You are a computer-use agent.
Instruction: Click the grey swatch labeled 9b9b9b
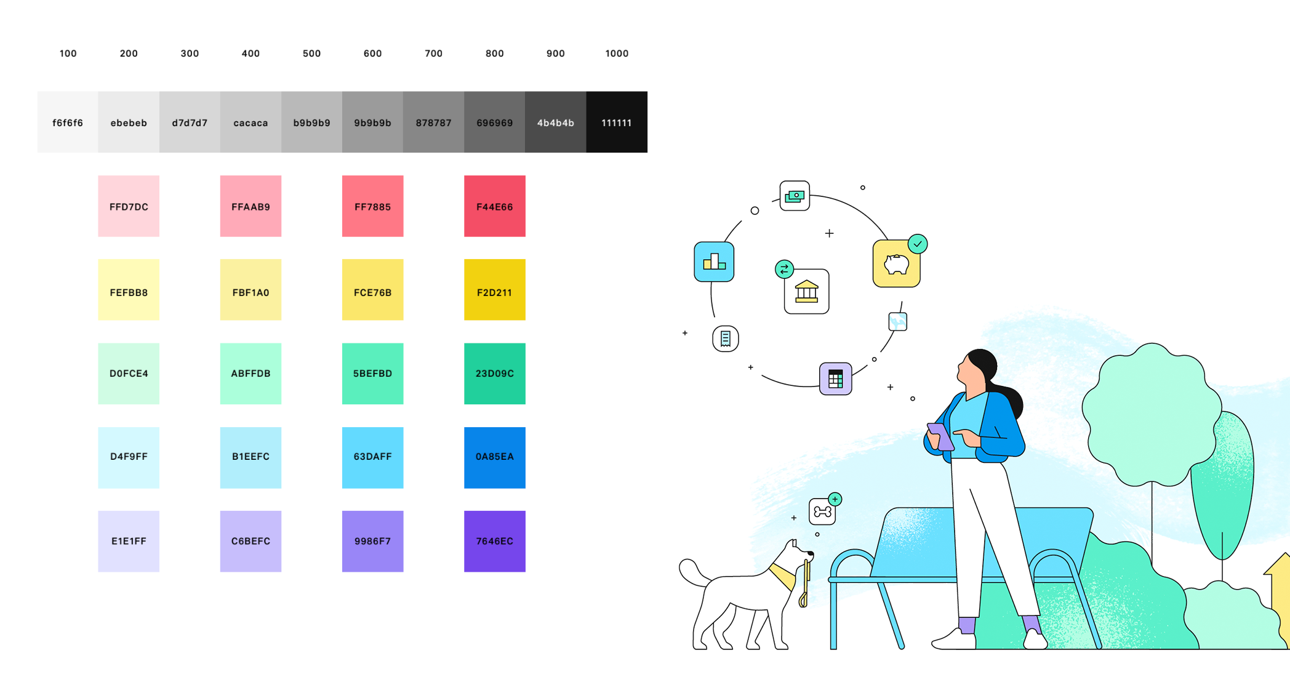tap(372, 122)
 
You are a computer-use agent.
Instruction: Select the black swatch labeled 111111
tap(616, 122)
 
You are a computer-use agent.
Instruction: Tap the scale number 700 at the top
tap(433, 54)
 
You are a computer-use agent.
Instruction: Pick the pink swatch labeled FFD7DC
tap(129, 206)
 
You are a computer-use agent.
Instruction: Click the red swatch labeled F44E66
tap(494, 206)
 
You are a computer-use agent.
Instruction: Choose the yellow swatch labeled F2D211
tap(494, 290)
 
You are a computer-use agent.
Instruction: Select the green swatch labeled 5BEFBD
tap(372, 374)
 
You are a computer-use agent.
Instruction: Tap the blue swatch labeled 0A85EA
tap(494, 457)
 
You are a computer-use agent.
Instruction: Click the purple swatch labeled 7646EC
tap(494, 541)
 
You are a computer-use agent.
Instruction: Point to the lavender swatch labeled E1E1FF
tap(129, 541)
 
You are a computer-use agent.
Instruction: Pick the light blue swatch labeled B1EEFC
tap(250, 457)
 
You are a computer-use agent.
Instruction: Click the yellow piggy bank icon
tap(896, 264)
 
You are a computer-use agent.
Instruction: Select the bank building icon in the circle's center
tap(806, 292)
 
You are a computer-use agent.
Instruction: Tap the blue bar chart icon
tap(714, 262)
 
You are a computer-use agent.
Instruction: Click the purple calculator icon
tap(835, 379)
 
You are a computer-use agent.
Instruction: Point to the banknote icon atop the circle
tap(795, 196)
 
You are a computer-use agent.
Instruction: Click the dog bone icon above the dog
tap(822, 511)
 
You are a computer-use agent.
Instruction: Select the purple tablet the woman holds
tap(940, 436)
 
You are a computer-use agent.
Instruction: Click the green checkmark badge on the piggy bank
tap(918, 244)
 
